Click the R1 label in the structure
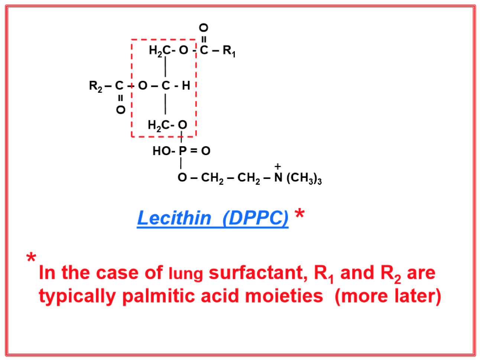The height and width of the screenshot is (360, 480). pos(229,50)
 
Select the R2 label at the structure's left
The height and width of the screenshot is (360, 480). pos(95,86)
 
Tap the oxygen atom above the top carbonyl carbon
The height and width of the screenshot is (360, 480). pos(204,27)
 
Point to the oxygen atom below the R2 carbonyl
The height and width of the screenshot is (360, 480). pos(120,110)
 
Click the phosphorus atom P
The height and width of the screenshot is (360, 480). pos(182,151)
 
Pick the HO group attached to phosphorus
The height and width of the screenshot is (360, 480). pos(161,151)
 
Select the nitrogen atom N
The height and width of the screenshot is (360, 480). pos(278,177)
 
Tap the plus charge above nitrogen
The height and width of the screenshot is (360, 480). pos(278,167)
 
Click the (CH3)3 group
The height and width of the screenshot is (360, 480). pos(304,178)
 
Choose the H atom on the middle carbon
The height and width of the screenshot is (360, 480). pos(186,86)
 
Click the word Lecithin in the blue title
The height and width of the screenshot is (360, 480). pos(174,218)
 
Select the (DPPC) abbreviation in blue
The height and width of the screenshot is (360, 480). pos(255,218)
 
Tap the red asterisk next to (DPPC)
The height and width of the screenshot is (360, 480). pos(299,215)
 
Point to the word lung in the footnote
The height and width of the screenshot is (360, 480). pos(186,274)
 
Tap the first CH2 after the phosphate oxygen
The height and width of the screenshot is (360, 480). pos(212,178)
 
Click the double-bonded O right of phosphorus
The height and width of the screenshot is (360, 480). pos(206,151)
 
